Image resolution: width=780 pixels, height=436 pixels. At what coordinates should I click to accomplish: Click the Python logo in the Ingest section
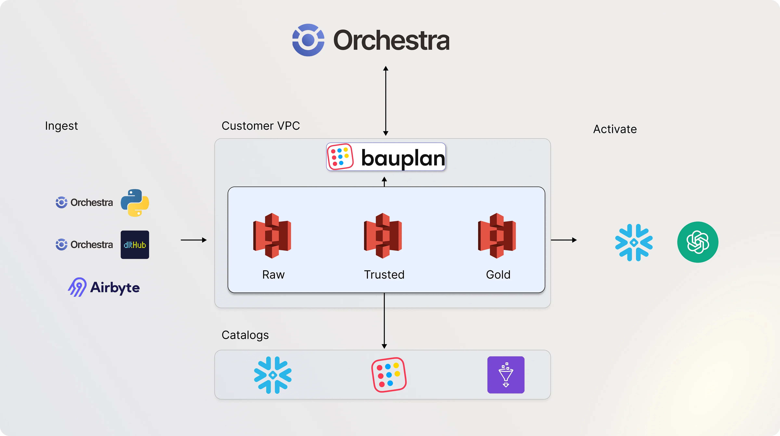(135, 202)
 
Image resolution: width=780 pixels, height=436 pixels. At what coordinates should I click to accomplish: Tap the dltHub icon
(135, 245)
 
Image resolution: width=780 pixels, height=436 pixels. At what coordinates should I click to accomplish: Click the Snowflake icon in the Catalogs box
(273, 375)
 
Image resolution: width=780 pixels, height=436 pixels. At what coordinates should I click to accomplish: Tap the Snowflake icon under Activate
(634, 242)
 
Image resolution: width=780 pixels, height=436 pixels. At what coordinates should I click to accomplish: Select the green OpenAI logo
(698, 242)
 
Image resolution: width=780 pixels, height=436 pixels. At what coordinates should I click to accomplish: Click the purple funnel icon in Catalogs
(506, 375)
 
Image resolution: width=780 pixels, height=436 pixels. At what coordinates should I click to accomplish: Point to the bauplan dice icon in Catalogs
(389, 375)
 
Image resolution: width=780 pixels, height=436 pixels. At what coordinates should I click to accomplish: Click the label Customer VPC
(261, 126)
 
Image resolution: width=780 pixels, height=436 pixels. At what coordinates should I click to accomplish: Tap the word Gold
(498, 275)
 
